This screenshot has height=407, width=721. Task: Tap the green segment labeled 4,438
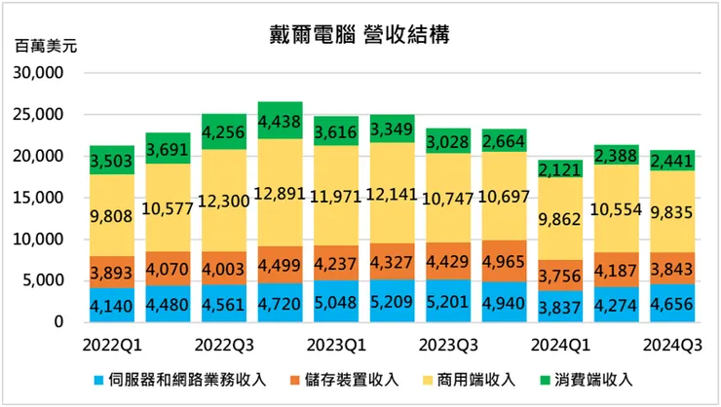(x=281, y=121)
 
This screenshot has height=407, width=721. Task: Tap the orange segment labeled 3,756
(x=560, y=275)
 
